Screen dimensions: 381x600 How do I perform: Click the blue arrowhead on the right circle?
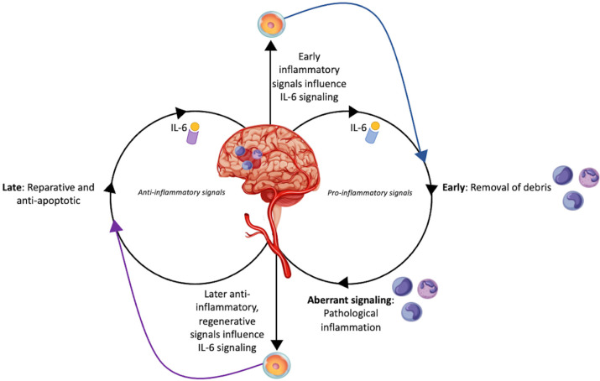(422, 154)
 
